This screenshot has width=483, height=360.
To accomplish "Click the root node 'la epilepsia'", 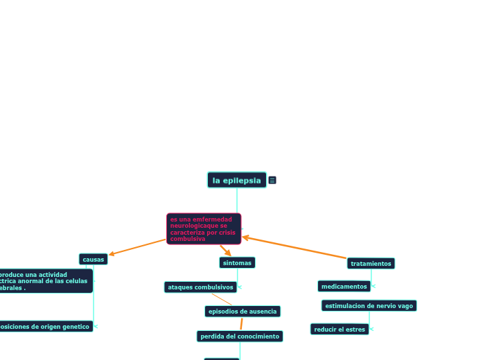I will click(x=236, y=180).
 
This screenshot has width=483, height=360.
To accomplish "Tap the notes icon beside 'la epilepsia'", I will click(x=272, y=181).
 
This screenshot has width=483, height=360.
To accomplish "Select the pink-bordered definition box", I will click(x=204, y=228).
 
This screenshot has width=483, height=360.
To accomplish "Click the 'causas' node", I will click(x=94, y=260).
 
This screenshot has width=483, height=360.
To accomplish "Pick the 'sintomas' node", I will click(x=237, y=262).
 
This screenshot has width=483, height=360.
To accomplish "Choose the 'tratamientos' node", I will click(x=371, y=264).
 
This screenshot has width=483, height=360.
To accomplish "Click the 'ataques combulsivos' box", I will click(x=200, y=287).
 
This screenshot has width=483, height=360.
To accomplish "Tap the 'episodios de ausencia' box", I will click(x=243, y=312).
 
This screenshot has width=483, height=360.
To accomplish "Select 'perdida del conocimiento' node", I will click(x=240, y=336).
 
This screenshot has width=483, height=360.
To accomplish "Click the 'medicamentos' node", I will click(x=344, y=287).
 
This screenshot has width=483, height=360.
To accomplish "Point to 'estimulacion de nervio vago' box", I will click(x=369, y=306).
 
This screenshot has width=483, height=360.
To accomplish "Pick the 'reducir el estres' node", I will click(x=339, y=330).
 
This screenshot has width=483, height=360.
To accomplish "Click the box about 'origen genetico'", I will click(x=45, y=326).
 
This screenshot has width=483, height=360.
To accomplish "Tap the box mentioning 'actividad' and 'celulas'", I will click(x=45, y=281).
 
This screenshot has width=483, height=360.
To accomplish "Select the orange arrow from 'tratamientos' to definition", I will click(x=295, y=248).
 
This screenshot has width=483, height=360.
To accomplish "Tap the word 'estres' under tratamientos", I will click(x=355, y=330).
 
